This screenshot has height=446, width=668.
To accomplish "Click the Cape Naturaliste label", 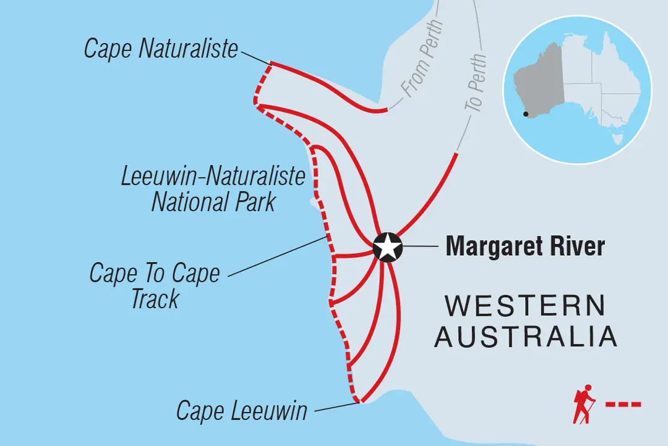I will point(161,49).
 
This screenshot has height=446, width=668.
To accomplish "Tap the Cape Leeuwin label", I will point(241,411).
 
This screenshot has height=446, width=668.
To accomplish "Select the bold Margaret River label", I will point(525,246).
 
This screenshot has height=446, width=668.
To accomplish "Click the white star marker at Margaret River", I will point(388,248).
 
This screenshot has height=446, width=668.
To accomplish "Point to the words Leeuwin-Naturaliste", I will point(213,177).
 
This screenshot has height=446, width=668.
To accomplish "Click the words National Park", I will point(213,202).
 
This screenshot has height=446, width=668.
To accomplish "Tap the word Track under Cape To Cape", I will point(155,299).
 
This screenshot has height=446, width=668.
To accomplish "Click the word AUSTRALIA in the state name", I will point(525,337).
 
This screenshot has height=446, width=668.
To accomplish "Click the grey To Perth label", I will point(476,83).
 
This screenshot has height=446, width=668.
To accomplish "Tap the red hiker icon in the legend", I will point(583,404).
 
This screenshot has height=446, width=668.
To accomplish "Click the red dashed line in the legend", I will point(623,405).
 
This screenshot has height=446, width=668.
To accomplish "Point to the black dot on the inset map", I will point(526,114).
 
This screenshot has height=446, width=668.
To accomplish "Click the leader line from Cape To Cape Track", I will point(278,257).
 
